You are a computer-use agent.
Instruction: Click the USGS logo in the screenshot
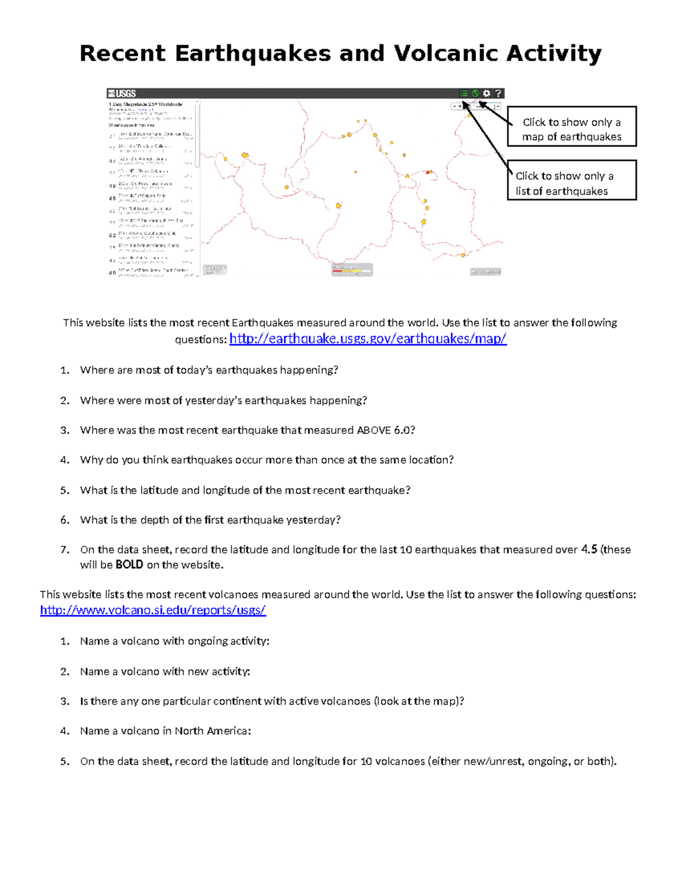122,94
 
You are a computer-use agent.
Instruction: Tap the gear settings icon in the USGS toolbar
486,94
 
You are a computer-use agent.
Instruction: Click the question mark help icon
498,94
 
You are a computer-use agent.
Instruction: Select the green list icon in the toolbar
464,94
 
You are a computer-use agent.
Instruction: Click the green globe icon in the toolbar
475,94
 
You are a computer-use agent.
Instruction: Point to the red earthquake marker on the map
429,172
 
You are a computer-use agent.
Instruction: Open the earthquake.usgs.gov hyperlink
368,339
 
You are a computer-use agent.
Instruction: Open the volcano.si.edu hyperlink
153,610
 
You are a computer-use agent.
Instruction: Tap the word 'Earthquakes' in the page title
252,53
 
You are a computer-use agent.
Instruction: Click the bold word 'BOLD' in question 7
129,565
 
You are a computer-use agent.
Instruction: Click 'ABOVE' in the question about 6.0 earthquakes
373,430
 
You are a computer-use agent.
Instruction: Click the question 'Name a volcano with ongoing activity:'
174,641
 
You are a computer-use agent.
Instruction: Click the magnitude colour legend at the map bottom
352,270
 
